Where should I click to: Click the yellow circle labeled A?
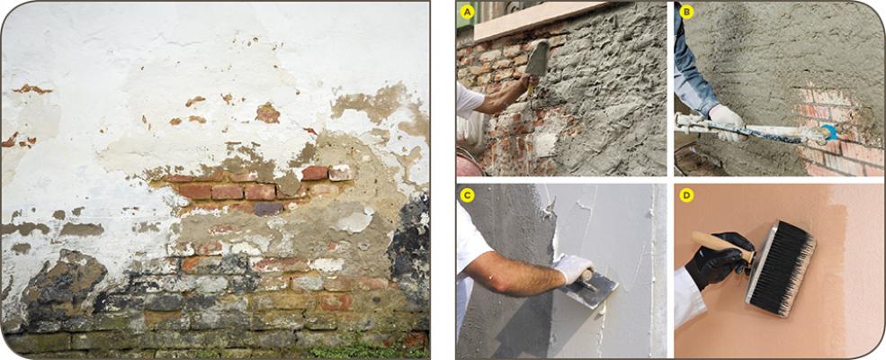[x=467, y=13]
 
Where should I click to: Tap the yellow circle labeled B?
[x=686, y=13]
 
